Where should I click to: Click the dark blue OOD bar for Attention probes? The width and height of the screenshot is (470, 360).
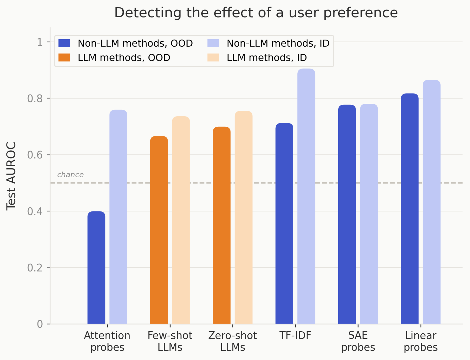pyautogui.click(x=96, y=267)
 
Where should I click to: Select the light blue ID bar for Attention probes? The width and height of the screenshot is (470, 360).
pyautogui.click(x=118, y=217)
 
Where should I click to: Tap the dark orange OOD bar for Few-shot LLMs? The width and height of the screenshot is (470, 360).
pyautogui.click(x=159, y=230)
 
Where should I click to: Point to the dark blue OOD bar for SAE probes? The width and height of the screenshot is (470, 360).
pyautogui.click(x=347, y=214)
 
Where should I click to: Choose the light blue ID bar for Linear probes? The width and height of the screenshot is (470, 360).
pyautogui.click(x=431, y=202)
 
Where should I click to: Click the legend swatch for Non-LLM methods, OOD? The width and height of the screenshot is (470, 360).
pyautogui.click(x=64, y=43)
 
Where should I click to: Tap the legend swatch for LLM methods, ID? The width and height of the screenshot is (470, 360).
pyautogui.click(x=213, y=58)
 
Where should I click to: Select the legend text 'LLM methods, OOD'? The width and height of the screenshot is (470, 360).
pyautogui.click(x=124, y=58)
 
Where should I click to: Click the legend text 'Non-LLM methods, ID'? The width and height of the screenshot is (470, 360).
pyautogui.click(x=278, y=43)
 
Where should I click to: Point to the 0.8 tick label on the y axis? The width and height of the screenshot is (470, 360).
pyautogui.click(x=35, y=98)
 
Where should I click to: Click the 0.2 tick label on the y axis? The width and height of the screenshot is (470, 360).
pyautogui.click(x=35, y=268)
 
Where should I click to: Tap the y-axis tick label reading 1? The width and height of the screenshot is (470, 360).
pyautogui.click(x=40, y=42)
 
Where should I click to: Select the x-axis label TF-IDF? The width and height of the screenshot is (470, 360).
pyautogui.click(x=295, y=336)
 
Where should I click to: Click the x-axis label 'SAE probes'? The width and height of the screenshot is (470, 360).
pyautogui.click(x=358, y=341)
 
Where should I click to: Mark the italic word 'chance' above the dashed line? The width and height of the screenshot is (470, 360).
pyautogui.click(x=70, y=175)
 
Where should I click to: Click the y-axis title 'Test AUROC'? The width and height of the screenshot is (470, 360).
pyautogui.click(x=11, y=176)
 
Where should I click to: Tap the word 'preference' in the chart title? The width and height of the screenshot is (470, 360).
pyautogui.click(x=361, y=13)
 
